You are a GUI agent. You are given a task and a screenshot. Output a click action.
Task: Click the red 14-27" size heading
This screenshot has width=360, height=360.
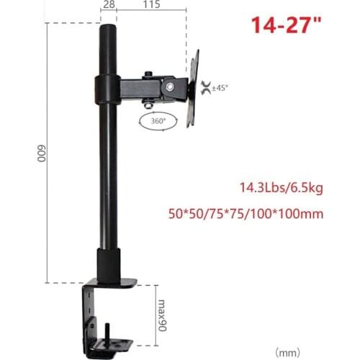coord(284,26)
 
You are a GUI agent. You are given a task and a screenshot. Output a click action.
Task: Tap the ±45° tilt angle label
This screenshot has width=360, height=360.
coord(219,87)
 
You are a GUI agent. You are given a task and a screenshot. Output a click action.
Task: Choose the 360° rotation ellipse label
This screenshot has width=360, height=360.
coord(158,122)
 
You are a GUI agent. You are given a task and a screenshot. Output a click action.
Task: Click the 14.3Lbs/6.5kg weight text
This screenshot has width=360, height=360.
coord(281,189)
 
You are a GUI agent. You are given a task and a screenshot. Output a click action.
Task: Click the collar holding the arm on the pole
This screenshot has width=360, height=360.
coord(108,90)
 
